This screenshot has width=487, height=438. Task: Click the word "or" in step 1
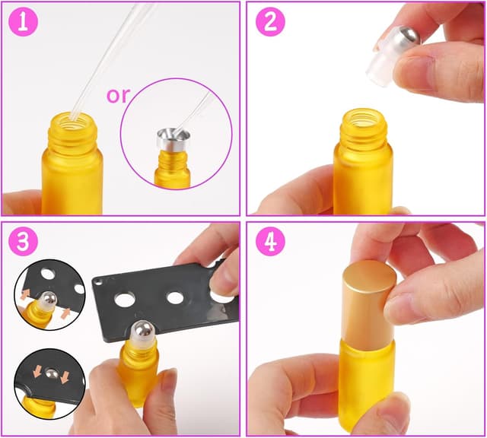pos(118,97)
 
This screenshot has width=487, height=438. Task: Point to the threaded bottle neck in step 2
pos(364,125)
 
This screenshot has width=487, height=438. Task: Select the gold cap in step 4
pos(368,301)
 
